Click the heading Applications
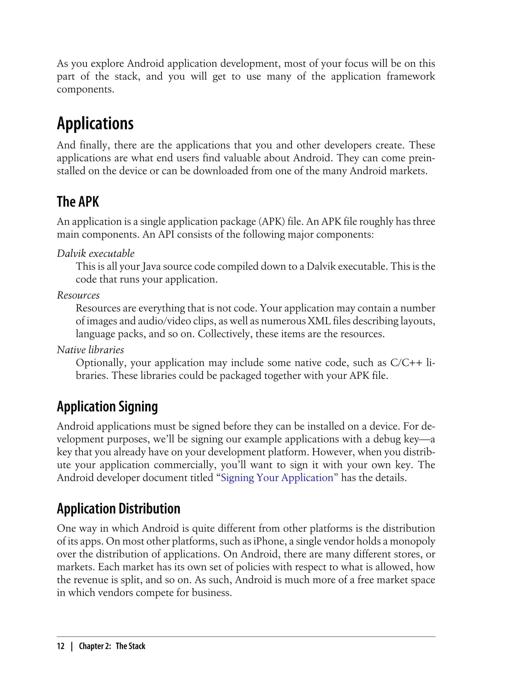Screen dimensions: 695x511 [95, 124]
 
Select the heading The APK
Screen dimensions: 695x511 [78, 202]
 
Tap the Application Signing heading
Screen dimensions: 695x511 [107, 407]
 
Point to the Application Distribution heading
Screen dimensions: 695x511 [118, 509]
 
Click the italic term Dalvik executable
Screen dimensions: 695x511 [96, 254]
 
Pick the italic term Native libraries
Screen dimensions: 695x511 [90, 349]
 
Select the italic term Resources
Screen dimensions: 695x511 [78, 295]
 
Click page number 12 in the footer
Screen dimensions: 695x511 [61, 646]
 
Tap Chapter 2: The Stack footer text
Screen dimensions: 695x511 [112, 646]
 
